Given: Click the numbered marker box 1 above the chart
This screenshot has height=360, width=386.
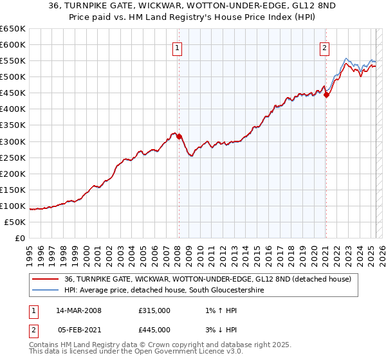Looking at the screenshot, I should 176,47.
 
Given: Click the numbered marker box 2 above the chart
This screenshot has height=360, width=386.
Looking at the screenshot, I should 325,47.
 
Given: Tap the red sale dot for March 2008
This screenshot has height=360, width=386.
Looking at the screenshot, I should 179,136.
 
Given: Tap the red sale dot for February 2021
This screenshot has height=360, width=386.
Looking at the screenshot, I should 326,94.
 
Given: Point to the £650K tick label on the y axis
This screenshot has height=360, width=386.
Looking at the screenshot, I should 13,29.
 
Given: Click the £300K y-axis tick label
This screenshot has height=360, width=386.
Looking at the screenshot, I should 13,141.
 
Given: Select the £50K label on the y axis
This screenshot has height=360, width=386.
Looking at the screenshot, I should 15,222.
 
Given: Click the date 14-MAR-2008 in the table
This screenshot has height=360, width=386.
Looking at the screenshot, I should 79,310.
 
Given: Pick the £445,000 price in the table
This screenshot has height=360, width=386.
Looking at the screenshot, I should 154,329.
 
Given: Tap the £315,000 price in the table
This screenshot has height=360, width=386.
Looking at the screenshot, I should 154,310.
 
